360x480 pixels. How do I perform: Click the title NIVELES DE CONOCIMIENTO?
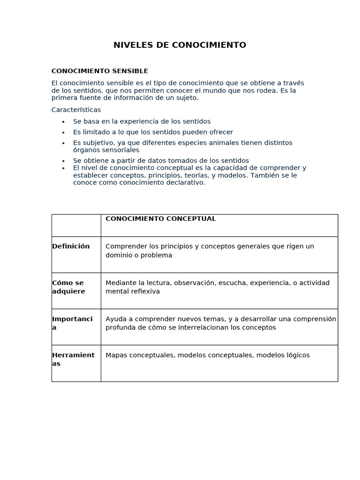click(180, 45)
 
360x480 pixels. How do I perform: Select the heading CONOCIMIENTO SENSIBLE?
click(99, 71)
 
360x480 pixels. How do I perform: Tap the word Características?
click(76, 110)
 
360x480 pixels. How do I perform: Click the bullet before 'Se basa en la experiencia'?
click(63, 122)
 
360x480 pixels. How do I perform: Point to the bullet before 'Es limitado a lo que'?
click(63, 133)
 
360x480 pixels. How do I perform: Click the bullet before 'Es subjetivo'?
click(63, 143)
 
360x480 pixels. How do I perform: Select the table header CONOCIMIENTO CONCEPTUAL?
click(161, 219)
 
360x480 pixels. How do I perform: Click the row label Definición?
click(71, 247)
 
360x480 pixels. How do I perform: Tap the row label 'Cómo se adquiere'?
click(68, 287)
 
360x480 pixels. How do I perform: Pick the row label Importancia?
click(72, 323)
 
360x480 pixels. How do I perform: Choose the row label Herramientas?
click(73, 359)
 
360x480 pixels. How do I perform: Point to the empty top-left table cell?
click(76, 225)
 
